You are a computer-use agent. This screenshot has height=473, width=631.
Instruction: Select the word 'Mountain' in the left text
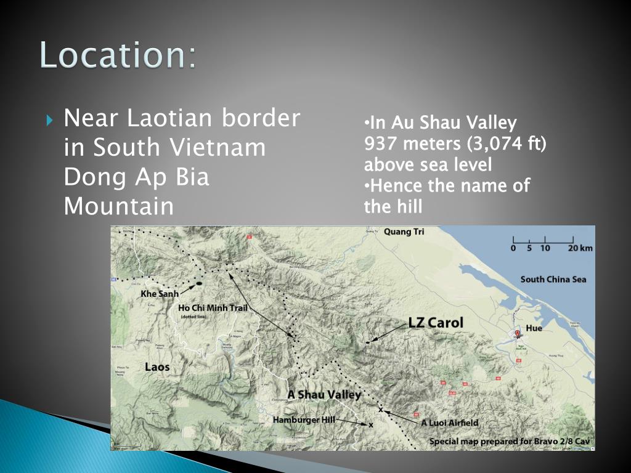coord(119,206)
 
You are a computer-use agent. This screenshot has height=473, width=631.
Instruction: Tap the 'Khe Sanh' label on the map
coord(159,294)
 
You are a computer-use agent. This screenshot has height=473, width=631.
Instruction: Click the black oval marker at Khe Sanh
coord(199,283)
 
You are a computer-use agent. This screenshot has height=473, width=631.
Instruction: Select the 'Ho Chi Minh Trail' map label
coord(212,307)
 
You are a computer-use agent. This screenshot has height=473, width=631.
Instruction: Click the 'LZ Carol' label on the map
coord(436,323)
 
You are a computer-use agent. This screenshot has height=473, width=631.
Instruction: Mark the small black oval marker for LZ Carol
coord(368,342)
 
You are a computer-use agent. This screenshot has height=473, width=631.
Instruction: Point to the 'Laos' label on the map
coord(157,367)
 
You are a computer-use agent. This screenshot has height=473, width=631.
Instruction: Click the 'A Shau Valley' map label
coord(324,395)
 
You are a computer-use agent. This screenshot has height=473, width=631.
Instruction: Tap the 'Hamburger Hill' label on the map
coord(304,419)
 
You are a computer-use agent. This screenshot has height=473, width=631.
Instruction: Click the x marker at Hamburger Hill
coord(371,424)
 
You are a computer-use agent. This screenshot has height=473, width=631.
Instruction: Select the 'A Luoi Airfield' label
coord(449,423)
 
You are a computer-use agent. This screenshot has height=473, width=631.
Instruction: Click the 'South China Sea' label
coord(553,279)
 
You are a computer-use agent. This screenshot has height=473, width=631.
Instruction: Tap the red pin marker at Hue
coord(517,333)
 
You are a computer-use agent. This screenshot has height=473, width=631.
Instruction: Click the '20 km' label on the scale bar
coord(580,248)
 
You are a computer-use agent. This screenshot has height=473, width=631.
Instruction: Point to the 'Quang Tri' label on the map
coord(404,232)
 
